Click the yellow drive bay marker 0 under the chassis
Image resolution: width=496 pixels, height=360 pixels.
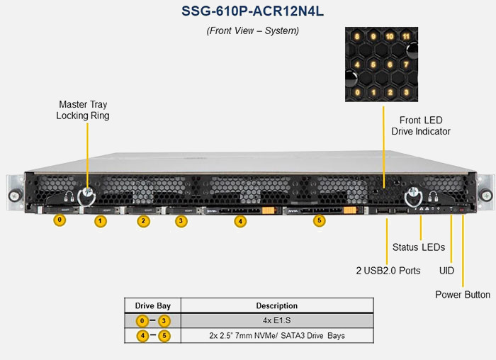pyautogui.click(x=60, y=220)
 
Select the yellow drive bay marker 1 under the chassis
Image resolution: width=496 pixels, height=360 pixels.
pyautogui.click(x=101, y=222)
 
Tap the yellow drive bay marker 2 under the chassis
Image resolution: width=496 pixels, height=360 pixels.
pyautogui.click(x=143, y=221)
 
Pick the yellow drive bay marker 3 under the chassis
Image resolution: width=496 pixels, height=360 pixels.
pyautogui.click(x=181, y=221)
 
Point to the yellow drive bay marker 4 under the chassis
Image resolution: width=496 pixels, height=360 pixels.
pyautogui.click(x=241, y=221)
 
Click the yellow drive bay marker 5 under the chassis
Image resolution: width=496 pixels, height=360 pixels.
pyautogui.click(x=319, y=221)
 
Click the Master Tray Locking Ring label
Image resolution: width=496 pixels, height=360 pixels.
pyautogui.click(x=83, y=110)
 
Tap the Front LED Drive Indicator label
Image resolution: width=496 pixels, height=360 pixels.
pyautogui.click(x=420, y=125)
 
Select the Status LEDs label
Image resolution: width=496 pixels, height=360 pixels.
pyautogui.click(x=418, y=247)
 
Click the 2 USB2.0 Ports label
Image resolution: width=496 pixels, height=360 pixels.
pyautogui.click(x=388, y=270)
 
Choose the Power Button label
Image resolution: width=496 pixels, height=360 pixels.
pyautogui.click(x=463, y=294)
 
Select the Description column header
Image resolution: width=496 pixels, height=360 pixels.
pyautogui.click(x=277, y=305)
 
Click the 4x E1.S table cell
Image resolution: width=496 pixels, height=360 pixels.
pyautogui.click(x=277, y=320)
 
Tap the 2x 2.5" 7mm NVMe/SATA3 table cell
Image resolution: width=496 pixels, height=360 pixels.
pyautogui.click(x=277, y=335)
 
